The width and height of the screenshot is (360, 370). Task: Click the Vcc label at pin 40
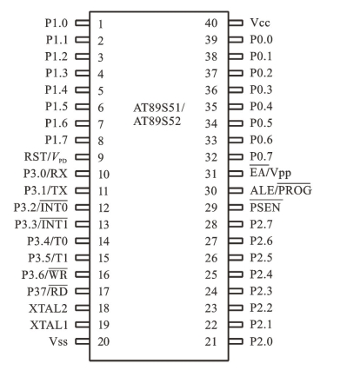point(260,23)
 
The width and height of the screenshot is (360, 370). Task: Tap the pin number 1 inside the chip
point(101,24)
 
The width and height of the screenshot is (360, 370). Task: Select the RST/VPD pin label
point(45,157)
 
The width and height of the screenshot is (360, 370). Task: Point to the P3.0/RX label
point(45,174)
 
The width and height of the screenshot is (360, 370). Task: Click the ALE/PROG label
point(281,190)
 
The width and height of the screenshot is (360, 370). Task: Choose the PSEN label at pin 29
point(265,207)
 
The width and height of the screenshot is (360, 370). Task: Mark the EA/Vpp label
point(270,173)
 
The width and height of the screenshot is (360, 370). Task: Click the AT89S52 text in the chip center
point(157,122)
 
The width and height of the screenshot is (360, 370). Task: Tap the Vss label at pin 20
point(58,341)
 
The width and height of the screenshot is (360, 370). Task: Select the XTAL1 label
point(49,325)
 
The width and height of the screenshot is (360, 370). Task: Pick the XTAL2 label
point(48,308)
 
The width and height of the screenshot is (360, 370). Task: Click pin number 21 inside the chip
point(211,341)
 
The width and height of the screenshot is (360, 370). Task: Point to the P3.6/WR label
point(44,274)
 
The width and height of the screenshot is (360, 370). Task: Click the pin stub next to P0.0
point(236,39)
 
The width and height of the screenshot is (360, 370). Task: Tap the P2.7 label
point(261,224)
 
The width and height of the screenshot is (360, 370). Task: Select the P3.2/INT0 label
point(41,207)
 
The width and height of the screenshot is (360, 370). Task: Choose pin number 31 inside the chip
point(211,174)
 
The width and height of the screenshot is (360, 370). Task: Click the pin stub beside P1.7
point(83,140)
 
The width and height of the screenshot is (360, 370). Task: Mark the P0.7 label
point(261,156)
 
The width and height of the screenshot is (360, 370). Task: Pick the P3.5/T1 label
point(48,258)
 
